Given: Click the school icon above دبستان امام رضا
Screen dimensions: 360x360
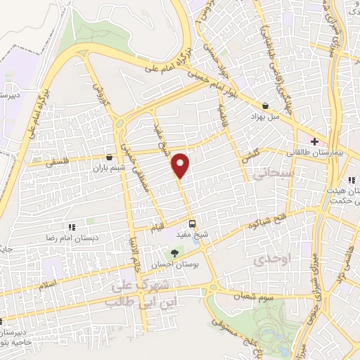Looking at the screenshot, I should (71, 227).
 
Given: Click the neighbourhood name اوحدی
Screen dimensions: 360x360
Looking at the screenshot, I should (266, 260).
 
